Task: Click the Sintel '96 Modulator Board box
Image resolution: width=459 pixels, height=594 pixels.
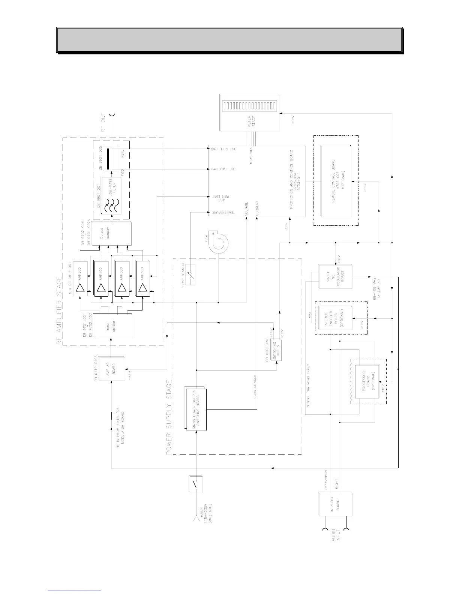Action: (x=335, y=276)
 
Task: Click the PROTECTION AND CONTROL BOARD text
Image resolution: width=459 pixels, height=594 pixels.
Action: (x=291, y=183)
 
